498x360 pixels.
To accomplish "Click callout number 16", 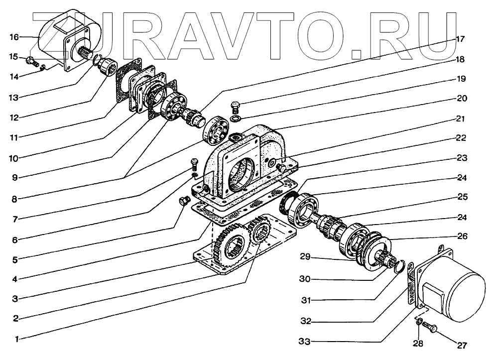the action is (14, 37).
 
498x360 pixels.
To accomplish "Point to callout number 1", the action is (17, 339).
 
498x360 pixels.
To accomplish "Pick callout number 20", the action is (462, 98).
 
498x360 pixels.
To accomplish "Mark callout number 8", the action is (15, 199).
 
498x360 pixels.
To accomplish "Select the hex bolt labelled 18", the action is (236, 106).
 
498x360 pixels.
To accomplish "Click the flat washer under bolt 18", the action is (236, 119).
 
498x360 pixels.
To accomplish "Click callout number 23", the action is (462, 158).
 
